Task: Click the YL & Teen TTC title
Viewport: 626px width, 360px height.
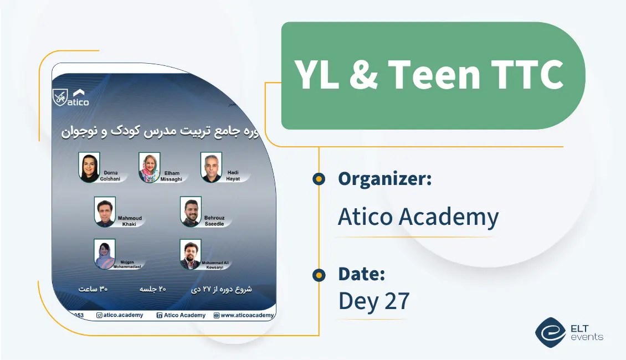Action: coord(429,75)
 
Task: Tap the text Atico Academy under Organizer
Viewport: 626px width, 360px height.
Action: coord(418,217)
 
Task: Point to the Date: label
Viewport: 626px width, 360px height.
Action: coord(361,274)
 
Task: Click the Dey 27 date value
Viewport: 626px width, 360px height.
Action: coord(373,301)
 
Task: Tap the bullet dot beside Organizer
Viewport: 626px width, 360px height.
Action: coord(319,179)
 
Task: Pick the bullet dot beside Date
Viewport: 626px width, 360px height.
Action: coord(319,275)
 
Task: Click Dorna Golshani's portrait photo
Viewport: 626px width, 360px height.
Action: coord(89,167)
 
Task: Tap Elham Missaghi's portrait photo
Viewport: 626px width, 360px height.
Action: coord(150,167)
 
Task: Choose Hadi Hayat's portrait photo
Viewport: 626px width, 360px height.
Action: coord(211,167)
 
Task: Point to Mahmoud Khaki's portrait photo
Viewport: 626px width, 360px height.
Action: coord(104,212)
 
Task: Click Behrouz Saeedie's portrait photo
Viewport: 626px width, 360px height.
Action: coord(191,212)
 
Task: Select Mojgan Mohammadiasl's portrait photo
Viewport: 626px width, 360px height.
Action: coord(104,254)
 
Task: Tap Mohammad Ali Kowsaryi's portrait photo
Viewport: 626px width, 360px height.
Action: coord(191,254)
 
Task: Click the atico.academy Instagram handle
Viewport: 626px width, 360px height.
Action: coord(120,315)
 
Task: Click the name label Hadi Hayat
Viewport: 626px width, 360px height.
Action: coord(233,176)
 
